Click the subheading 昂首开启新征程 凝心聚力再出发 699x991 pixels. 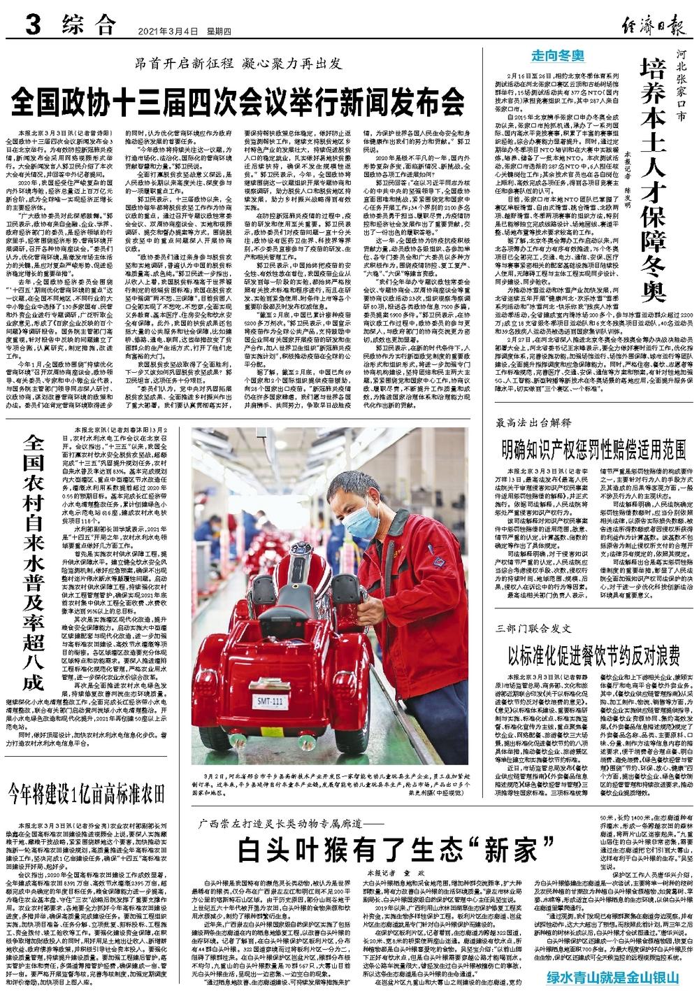point(238,65)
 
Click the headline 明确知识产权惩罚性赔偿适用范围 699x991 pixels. point(591,448)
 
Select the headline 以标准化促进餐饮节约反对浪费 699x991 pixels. point(594,655)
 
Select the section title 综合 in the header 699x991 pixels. point(88,26)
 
